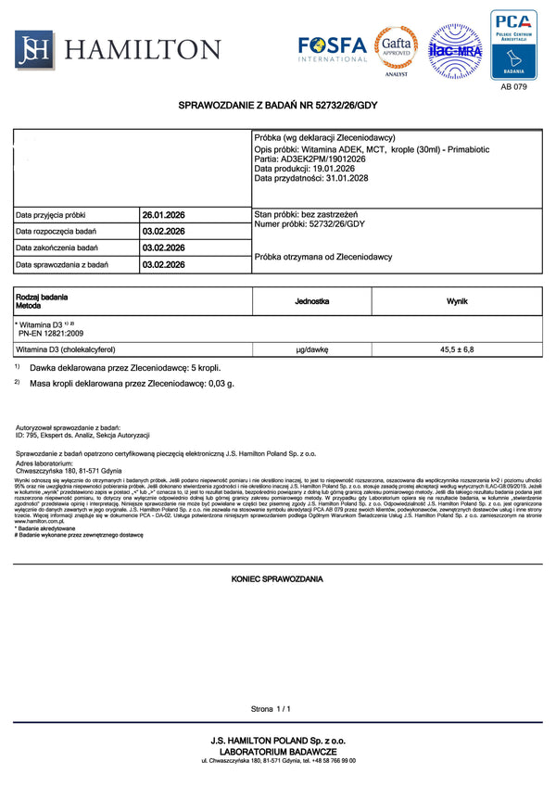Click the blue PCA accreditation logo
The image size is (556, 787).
coord(513,44)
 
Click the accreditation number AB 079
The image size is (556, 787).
coord(513,88)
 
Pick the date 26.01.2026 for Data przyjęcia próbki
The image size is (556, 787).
coord(164,215)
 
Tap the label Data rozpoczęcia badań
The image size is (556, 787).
coord(57,232)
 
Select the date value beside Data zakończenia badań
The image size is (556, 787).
coord(164,248)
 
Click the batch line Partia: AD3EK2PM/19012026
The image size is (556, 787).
coord(310,159)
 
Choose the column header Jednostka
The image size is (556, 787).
coord(312,302)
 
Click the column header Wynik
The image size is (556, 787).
coord(457,302)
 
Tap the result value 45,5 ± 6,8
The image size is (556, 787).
coord(457,350)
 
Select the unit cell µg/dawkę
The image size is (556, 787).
coord(312,350)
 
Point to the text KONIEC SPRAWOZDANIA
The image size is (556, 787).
coord(277,578)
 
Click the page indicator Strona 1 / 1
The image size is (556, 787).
coord(271,709)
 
